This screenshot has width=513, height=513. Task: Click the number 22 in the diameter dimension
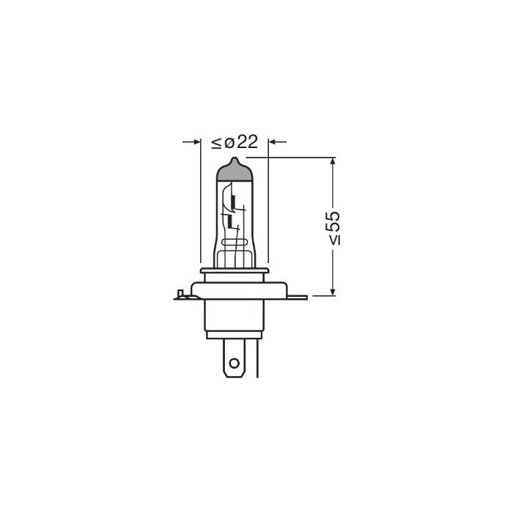coord(248,142)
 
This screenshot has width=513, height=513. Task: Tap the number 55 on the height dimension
coord(333,222)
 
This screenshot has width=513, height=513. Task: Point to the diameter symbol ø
coord(229,143)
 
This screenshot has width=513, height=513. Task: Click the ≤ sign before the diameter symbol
coord(217,144)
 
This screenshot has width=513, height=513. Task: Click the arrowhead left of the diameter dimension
coord(196,142)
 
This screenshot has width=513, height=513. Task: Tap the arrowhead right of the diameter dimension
coord(272,142)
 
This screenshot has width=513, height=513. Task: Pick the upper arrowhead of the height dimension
coord(333,161)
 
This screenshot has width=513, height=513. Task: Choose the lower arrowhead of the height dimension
coord(333,292)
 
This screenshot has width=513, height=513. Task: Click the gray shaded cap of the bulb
coord(235,173)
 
